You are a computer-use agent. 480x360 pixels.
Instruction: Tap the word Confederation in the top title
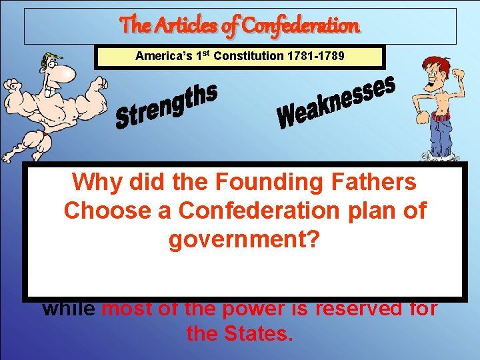[x=301, y=26]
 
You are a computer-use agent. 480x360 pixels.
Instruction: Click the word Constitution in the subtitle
[x=246, y=56]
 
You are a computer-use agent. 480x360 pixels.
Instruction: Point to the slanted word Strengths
[x=166, y=106]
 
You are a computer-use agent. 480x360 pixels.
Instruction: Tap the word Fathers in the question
[x=379, y=181]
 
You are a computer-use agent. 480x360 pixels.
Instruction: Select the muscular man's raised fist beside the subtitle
[x=101, y=85]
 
